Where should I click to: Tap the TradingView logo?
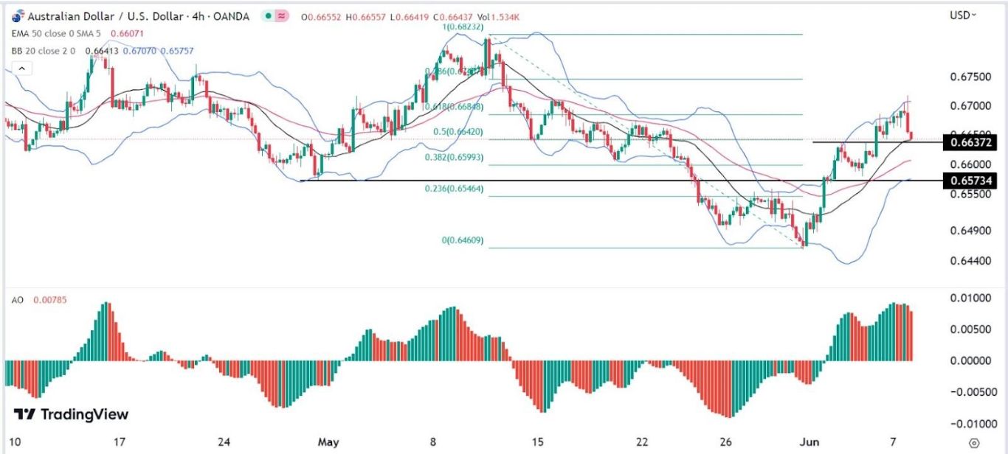(x=72, y=414)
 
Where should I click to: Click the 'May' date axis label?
(x=328, y=442)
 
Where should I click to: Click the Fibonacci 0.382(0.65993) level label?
(x=454, y=157)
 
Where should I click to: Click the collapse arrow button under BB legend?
(x=22, y=69)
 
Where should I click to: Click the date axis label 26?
(x=727, y=442)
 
